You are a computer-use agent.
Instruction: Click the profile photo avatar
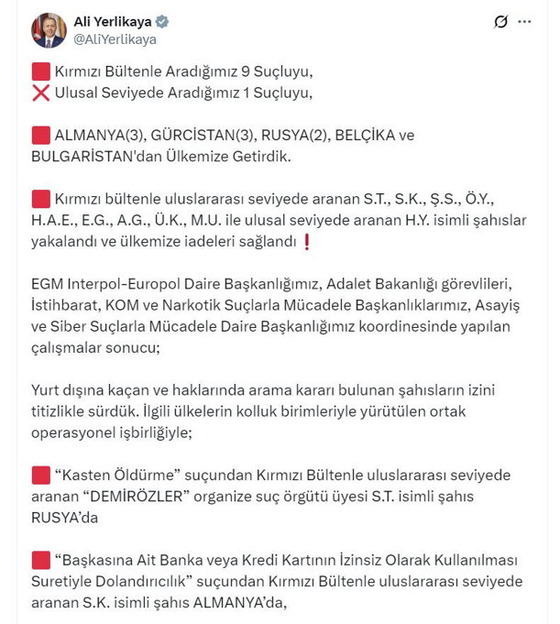[x=49, y=30]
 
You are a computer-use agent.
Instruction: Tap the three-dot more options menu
[x=524, y=22]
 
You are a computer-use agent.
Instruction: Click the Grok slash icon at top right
[x=500, y=22]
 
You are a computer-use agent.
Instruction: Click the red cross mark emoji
[x=39, y=93]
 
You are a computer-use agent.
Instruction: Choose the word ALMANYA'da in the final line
[x=248, y=602]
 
